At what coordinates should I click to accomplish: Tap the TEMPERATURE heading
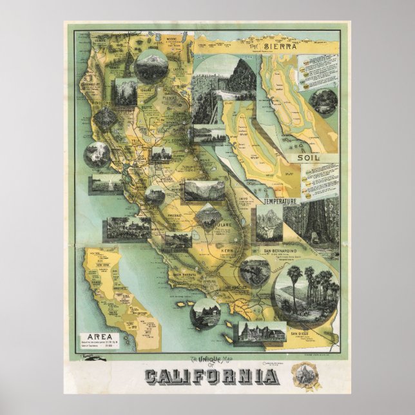pyautogui.click(x=279, y=202)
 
